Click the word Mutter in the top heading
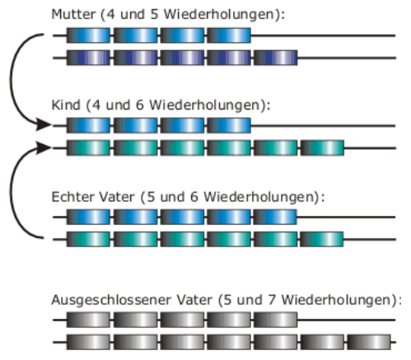coord(73,14)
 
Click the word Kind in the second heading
coord(66,105)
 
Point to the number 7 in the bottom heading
coord(272,300)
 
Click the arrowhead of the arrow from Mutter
coord(44,125)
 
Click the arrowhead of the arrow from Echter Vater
coord(44,147)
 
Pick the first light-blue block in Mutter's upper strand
coord(88,35)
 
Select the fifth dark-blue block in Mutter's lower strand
coord(276,58)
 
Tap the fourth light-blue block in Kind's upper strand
coord(229,125)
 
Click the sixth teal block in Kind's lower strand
coord(322,147)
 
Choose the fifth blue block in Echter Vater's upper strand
coord(275,217)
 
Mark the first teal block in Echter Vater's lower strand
coord(88,239)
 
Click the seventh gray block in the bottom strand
coord(369,342)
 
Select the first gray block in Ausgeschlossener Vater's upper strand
coord(88,320)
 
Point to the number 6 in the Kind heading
coord(140,105)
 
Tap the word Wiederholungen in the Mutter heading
coord(219,14)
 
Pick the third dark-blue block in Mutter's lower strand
coord(182,58)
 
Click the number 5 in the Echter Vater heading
coord(151,197)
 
